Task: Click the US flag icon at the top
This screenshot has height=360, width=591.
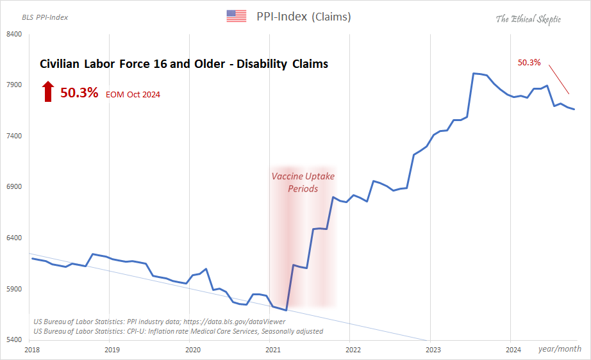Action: pyautogui.click(x=237, y=16)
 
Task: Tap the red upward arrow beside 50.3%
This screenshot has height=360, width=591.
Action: pyautogui.click(x=47, y=92)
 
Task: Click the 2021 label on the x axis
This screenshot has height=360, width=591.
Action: pyautogui.click(x=273, y=350)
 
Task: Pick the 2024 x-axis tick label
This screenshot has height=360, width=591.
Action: pyautogui.click(x=513, y=350)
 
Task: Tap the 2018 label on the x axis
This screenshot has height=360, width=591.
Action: pyautogui.click(x=31, y=350)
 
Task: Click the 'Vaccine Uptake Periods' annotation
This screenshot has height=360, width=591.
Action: pyautogui.click(x=303, y=182)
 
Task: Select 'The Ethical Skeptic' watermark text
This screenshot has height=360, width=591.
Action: pyautogui.click(x=528, y=19)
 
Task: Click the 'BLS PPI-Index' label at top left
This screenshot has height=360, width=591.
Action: pyautogui.click(x=45, y=17)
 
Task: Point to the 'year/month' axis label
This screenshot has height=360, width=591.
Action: pyautogui.click(x=560, y=349)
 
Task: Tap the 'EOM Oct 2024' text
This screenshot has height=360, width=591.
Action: pyautogui.click(x=133, y=95)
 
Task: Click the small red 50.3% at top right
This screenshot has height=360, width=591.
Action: pyautogui.click(x=529, y=63)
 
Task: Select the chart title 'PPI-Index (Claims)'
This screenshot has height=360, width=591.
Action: pyautogui.click(x=303, y=17)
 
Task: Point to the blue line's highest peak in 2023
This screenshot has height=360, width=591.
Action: pyautogui.click(x=474, y=74)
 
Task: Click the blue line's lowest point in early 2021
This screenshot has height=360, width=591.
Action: pyautogui.click(x=286, y=310)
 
